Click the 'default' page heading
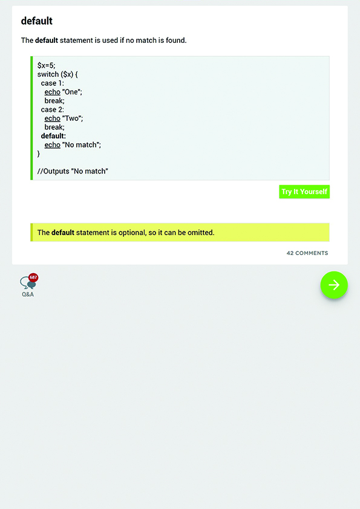[x=37, y=21]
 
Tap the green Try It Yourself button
[x=304, y=192]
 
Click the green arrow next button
[x=334, y=285]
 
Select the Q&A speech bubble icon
[x=27, y=283]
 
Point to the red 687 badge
[x=33, y=277]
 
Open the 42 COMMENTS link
[x=307, y=253]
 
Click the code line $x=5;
[x=46, y=65]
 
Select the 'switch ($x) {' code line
[x=57, y=74]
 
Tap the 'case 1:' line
[x=52, y=83]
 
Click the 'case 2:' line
[x=52, y=110]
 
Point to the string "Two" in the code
[x=71, y=118]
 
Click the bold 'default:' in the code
[x=53, y=136]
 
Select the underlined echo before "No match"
[x=52, y=144]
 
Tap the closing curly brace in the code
[x=39, y=154]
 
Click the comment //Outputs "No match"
[x=73, y=171]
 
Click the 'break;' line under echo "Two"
[x=54, y=127]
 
